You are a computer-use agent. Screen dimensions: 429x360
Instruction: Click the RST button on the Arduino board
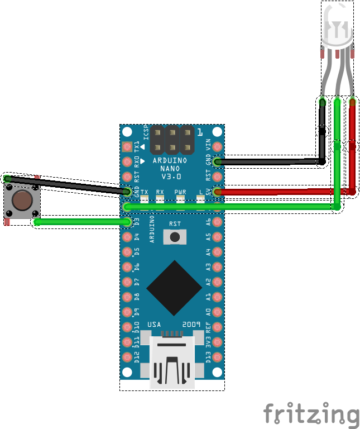(x=175, y=237)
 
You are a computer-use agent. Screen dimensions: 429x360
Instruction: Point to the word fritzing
(x=311, y=415)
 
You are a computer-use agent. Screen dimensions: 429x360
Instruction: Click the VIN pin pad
(x=217, y=147)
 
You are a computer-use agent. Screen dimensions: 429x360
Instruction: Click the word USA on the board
(x=155, y=325)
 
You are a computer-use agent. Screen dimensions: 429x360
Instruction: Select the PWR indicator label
(x=180, y=192)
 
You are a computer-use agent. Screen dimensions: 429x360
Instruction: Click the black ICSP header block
(x=172, y=140)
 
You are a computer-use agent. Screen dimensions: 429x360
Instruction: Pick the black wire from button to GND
(x=67, y=185)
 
